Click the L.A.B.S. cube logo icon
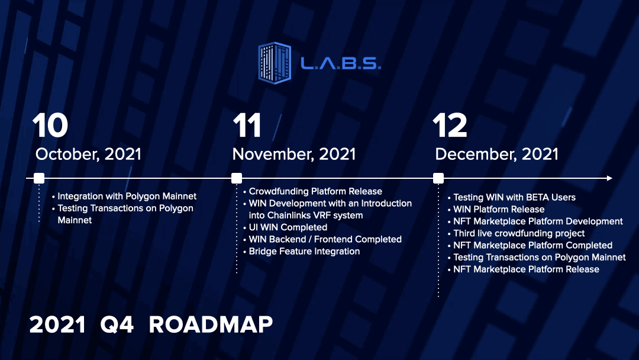point(275,63)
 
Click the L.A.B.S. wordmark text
point(341,63)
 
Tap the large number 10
point(50,125)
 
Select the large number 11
point(247,125)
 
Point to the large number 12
point(450,125)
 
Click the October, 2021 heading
point(88,154)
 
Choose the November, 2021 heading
point(294,154)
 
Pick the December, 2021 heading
point(496,154)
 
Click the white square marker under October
point(39,178)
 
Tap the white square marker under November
point(236,178)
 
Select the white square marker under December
point(438,178)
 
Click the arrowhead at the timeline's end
point(609,178)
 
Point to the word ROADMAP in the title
point(211,325)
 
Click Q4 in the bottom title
point(117,325)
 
